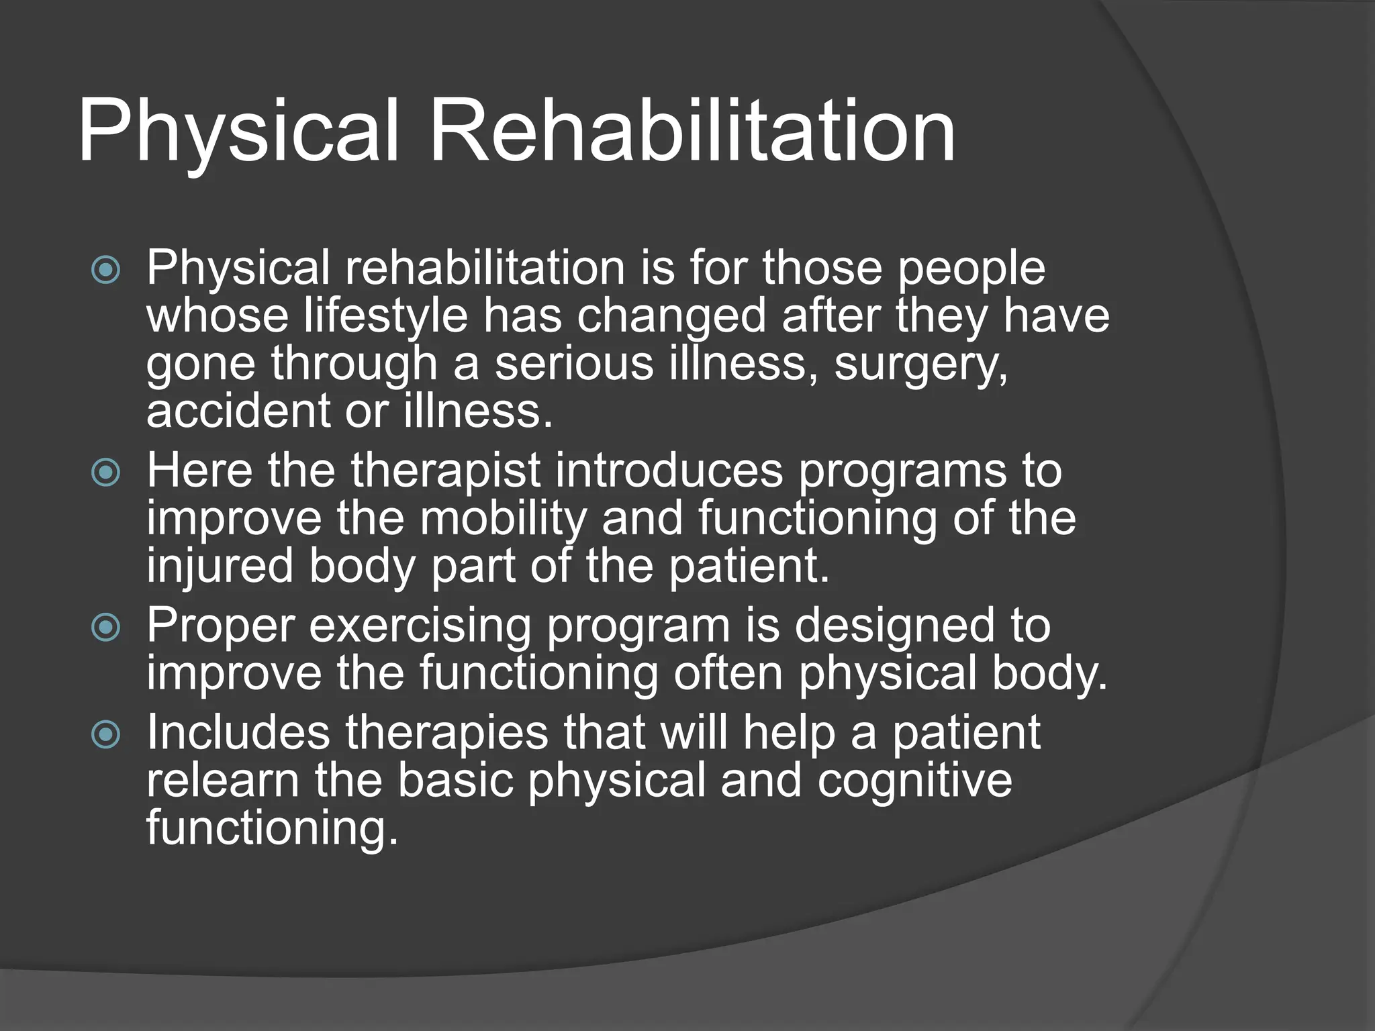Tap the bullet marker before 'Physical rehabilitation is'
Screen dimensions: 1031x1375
pos(105,271)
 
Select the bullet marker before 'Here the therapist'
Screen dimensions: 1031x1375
pos(105,473)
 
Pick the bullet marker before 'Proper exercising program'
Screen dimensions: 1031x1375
pos(105,628)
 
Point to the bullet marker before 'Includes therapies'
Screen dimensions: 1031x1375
pos(105,734)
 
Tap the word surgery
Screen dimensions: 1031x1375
pos(920,364)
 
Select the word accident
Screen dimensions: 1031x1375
pos(237,411)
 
